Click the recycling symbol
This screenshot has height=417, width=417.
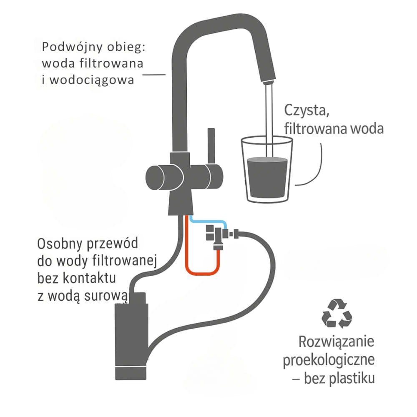(337, 313)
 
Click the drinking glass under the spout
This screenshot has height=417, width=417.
(267, 170)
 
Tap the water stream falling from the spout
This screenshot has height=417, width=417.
(269, 120)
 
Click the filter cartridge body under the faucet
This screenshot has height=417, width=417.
(131, 334)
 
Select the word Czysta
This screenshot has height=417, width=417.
(307, 111)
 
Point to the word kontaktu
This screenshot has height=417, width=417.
(89, 278)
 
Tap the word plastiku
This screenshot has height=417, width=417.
(352, 378)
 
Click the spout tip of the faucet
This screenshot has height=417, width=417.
(268, 81)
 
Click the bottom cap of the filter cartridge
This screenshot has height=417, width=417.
(131, 373)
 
